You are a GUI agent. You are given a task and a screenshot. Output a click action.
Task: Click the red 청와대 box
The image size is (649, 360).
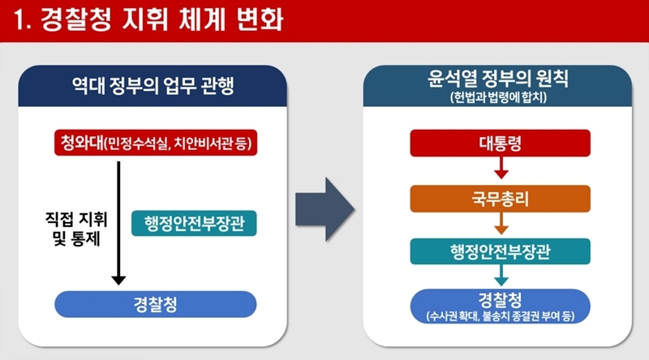pos(156,143)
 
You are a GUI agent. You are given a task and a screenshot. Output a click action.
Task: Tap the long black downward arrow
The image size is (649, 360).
pos(118,223)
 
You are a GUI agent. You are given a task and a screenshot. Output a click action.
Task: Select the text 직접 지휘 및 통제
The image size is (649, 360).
pos(76,229)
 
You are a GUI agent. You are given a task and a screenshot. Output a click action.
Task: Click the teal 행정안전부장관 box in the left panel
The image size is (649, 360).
pos(194,224)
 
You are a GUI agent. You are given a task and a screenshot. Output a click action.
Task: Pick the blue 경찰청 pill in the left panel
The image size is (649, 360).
pos(156,304)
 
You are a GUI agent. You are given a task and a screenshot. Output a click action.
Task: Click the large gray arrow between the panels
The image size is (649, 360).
pos(325,209)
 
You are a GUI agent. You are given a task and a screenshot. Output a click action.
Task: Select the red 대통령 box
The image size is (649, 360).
pos(501,144)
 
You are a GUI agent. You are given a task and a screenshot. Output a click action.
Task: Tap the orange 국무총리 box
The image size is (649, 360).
pos(501,199)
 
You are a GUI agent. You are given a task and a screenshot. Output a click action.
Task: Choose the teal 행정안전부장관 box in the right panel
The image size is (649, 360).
pos(501,251)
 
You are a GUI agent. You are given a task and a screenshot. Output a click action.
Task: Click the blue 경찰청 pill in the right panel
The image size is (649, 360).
pos(501,306)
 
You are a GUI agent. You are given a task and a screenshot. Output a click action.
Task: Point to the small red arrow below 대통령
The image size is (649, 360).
pos(501,168)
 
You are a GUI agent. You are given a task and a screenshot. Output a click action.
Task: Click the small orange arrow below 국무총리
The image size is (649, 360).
pos(501,224)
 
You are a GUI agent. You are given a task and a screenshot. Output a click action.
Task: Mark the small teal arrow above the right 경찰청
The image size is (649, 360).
pos(501,275)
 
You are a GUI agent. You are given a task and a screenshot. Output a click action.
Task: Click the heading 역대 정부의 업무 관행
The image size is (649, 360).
pos(153,86)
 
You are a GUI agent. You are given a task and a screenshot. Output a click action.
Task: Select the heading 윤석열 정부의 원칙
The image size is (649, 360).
pos(498,78)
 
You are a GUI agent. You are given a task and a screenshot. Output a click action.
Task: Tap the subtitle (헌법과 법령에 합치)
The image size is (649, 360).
pos(498,97)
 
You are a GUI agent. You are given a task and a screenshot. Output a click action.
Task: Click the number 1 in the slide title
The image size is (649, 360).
pos(19,19)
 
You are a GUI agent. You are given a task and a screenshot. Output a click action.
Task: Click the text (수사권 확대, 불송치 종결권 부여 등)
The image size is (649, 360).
pos(501,316)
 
